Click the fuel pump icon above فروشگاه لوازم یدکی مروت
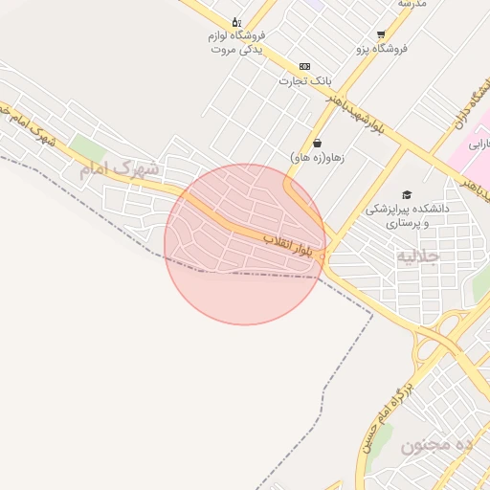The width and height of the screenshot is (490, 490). pos(236,22)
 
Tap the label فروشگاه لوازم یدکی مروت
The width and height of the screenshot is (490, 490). pos(237,42)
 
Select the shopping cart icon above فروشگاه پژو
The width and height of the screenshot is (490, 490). pos(382,33)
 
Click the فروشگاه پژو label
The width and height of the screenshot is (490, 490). pos(382,47)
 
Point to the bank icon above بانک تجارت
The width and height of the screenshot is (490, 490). pos(304,66)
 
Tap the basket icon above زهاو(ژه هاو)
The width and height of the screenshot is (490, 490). pos(317,143)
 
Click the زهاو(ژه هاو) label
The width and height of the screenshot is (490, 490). pos(317,156)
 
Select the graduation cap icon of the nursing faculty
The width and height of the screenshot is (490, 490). pos(407,194)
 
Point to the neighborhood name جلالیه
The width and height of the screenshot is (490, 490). pos(418,256)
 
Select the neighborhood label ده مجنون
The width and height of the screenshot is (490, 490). pos(437,446)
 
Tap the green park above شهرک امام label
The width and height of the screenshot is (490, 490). pos(88,148)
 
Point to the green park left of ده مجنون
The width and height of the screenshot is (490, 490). pos(382,439)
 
